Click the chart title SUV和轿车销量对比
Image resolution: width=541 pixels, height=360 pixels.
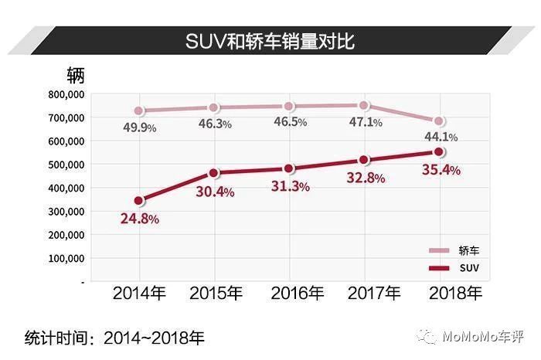270,41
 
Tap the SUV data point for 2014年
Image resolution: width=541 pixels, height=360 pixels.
138,201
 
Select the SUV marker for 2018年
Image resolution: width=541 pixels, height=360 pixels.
439,152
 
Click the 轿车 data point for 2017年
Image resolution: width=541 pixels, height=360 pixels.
364,106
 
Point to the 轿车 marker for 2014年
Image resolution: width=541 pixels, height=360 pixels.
138,111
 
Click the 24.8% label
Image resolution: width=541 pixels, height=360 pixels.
140,219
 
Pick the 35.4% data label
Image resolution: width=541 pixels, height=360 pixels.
441,170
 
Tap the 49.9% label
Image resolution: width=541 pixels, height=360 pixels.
140,127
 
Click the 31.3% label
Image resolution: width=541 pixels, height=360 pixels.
291,186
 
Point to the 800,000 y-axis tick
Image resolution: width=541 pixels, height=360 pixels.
65,94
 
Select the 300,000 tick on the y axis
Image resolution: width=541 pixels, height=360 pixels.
65,212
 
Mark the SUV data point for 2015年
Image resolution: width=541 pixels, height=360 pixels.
214,173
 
